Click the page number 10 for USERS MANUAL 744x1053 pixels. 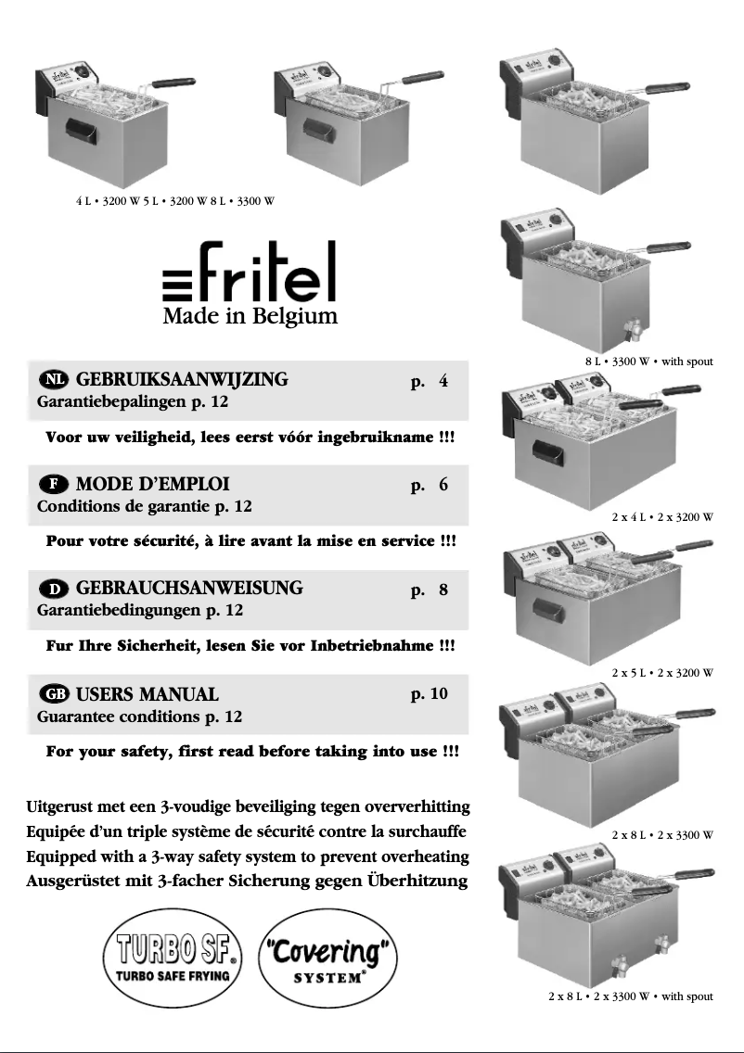point(429,693)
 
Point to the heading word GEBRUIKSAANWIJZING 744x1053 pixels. point(182,380)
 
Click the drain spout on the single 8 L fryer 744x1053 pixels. point(634,329)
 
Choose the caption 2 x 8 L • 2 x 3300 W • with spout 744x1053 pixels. point(630,996)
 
